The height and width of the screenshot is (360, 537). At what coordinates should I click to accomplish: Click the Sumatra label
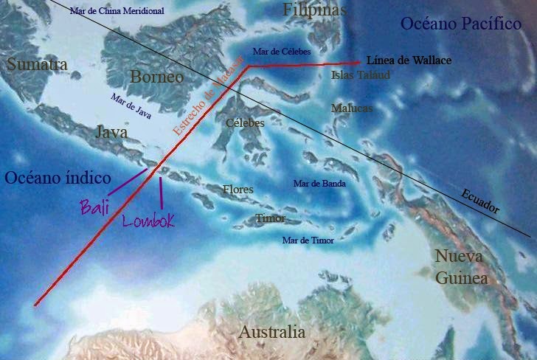[37, 65]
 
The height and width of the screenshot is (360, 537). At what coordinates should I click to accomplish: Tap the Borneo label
[156, 77]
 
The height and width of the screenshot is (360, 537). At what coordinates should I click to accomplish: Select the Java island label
[112, 132]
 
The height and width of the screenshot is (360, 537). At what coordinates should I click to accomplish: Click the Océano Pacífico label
[461, 24]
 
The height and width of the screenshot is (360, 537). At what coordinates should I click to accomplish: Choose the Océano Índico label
[58, 178]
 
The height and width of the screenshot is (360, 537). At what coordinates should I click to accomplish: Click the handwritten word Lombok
[148, 220]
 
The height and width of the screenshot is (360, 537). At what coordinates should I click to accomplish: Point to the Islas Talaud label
[361, 75]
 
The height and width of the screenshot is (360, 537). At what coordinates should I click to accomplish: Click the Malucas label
[352, 108]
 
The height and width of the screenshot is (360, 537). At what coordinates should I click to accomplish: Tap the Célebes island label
[244, 122]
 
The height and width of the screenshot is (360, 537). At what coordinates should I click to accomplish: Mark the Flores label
[238, 190]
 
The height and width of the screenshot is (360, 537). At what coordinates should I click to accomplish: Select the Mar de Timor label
[308, 240]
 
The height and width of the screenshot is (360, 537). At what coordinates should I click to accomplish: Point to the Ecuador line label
[479, 201]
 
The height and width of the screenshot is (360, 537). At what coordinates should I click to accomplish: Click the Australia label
[271, 331]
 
